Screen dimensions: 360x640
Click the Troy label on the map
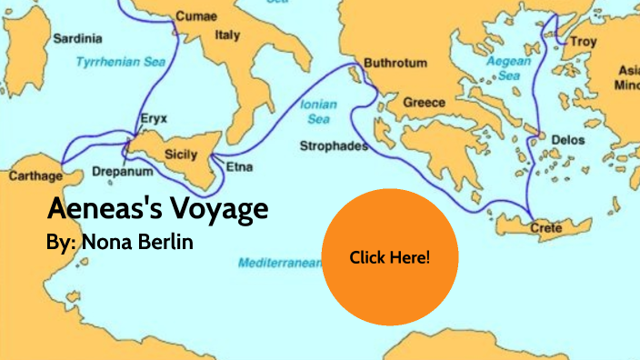(583, 42)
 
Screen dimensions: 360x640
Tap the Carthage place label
(34, 175)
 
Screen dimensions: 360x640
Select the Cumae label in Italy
(196, 15)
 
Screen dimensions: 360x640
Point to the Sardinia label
(78, 40)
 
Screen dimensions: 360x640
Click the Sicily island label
(180, 155)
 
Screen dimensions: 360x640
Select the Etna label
(240, 167)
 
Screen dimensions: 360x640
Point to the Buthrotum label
(395, 63)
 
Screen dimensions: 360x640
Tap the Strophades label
(334, 145)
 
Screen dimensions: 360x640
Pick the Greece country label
(424, 102)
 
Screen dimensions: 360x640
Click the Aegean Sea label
(502, 69)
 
